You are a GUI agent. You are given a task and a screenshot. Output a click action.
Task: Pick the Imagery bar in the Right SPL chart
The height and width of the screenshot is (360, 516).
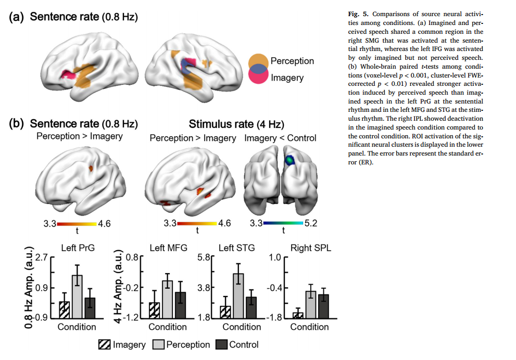pyautogui.click(x=298, y=315)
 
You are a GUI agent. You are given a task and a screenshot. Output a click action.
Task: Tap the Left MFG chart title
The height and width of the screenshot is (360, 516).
pyautogui.click(x=168, y=248)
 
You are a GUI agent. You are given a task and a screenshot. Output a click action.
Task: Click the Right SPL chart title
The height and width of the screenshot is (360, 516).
pyautogui.click(x=310, y=248)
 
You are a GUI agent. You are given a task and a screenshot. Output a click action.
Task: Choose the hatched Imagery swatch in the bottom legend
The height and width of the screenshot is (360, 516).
pyautogui.click(x=105, y=344)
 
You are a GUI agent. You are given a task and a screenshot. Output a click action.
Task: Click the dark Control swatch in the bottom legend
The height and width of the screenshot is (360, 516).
pyautogui.click(x=221, y=344)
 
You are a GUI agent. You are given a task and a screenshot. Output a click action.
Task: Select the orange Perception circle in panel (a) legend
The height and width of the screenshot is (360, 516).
pyautogui.click(x=258, y=60)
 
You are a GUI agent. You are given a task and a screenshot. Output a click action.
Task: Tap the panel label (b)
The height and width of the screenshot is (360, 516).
pyautogui.click(x=17, y=124)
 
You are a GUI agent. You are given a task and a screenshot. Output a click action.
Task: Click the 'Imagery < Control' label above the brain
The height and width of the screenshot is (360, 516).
pyautogui.click(x=280, y=138)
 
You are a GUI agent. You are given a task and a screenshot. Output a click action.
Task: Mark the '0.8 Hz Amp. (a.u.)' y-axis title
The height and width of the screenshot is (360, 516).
pyautogui.click(x=29, y=289)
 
